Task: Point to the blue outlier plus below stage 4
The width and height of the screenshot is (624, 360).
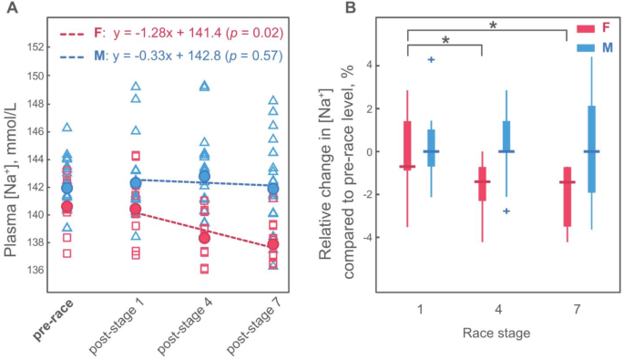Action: click(506, 211)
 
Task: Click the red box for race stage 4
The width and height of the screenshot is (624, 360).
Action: click(482, 183)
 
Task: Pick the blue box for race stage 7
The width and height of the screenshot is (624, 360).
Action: click(591, 149)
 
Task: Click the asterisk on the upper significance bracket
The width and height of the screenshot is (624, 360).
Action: click(493, 25)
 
